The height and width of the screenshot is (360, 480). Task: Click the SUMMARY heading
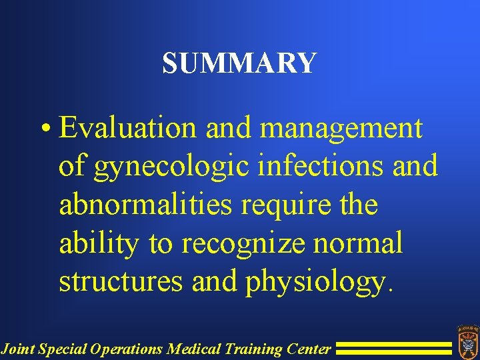coord(239,63)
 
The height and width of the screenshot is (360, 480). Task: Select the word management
coord(341,127)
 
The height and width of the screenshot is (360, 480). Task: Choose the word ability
coord(99,243)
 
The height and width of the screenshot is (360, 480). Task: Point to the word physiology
coord(315,282)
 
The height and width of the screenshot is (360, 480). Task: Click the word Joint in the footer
coord(17,348)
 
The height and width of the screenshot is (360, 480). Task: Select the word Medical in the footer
coord(190,348)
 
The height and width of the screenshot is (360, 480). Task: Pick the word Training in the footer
coord(249,348)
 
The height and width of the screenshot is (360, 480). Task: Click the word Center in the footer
coord(307,348)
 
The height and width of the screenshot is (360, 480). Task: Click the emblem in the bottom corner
coord(466,341)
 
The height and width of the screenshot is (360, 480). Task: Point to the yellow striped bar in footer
coord(393,347)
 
